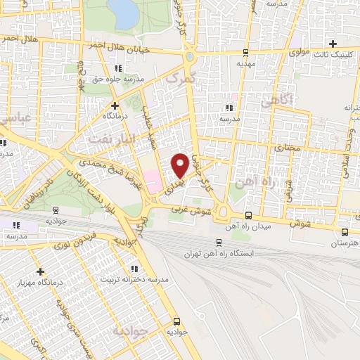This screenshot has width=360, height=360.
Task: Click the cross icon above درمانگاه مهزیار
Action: (x=40, y=271)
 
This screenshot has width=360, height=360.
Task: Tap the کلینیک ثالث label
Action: (x=327, y=54)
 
